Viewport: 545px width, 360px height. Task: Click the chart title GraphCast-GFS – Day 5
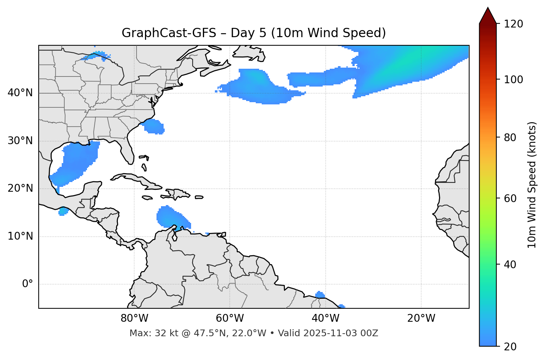(254, 33)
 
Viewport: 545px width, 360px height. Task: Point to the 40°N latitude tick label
(20, 93)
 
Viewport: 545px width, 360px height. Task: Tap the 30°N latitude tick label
(20, 141)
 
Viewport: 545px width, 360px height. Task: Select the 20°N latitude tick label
(20, 188)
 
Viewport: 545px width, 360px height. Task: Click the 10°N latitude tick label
(20, 236)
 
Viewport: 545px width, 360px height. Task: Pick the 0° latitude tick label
(28, 284)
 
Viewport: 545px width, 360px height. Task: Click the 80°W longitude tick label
(134, 318)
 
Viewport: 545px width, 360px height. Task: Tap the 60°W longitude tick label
(229, 318)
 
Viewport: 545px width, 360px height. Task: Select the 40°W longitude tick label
(325, 318)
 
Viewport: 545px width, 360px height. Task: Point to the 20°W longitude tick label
(421, 318)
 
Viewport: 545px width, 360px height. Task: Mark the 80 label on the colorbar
(510, 137)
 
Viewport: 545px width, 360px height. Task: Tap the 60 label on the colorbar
(510, 198)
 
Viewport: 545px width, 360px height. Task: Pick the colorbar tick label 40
(510, 265)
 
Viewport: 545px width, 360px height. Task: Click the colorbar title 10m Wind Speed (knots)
(532, 185)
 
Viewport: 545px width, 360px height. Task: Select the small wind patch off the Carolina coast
(154, 127)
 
